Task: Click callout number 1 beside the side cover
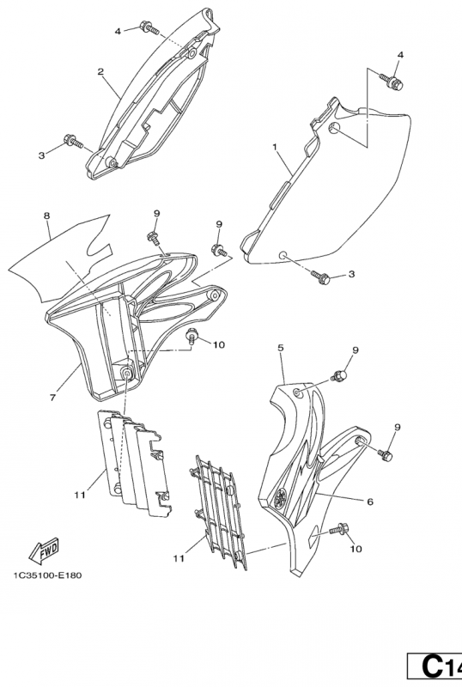[x=275, y=147]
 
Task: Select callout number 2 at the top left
[x=100, y=71]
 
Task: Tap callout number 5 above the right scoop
[x=281, y=348]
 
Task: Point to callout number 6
[x=370, y=502]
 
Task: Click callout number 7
[x=52, y=398]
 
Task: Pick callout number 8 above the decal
[x=47, y=216]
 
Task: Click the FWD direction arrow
[x=44, y=550]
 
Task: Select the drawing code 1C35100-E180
[x=47, y=575]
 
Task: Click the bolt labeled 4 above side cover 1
[x=391, y=82]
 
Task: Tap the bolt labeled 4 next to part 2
[x=149, y=28]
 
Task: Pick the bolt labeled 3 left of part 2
[x=73, y=141]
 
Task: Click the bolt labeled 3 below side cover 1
[x=320, y=277]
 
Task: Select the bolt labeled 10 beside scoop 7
[x=191, y=335]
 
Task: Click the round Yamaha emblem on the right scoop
[x=281, y=498]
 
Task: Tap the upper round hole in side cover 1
[x=333, y=128]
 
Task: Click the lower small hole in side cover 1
[x=283, y=254]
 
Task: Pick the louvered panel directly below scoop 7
[x=134, y=463]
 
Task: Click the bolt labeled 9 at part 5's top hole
[x=340, y=375]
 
